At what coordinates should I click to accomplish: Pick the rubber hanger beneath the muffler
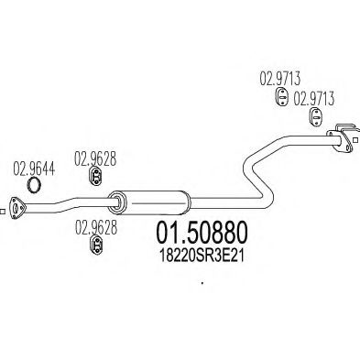point(94,243)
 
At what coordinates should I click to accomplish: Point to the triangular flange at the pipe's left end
point(16,206)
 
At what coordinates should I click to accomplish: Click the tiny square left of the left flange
point(2,213)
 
